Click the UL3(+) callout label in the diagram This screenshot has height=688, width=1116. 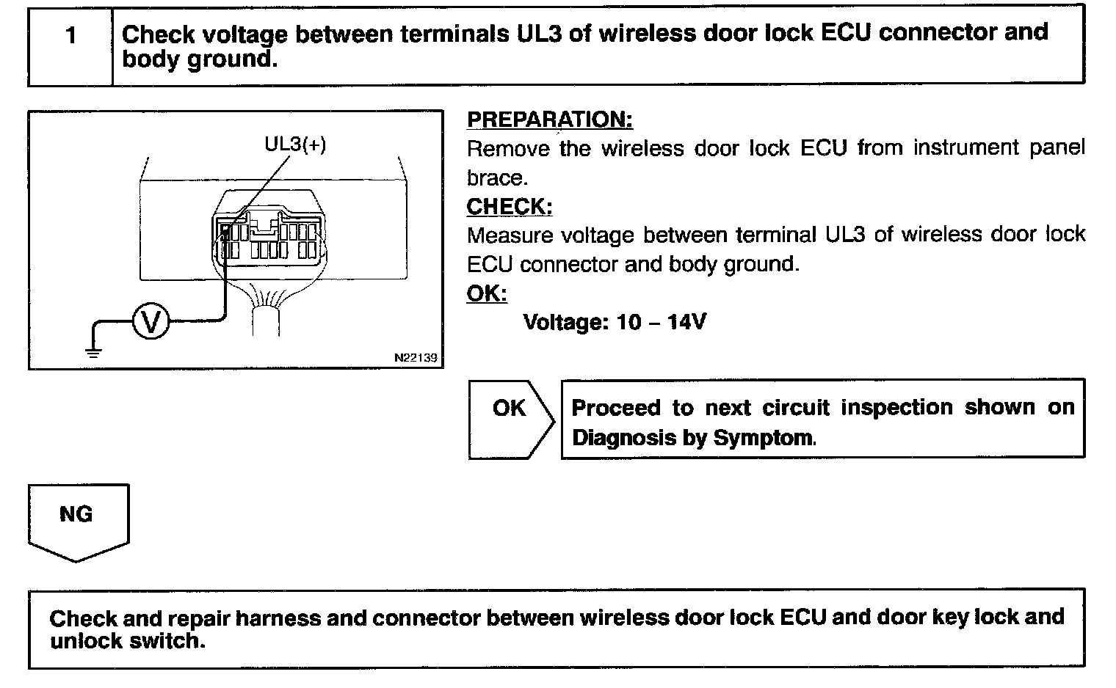point(295,144)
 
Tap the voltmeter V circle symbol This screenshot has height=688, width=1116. point(151,322)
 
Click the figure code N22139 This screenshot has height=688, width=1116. point(415,358)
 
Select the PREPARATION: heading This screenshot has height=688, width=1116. point(549,120)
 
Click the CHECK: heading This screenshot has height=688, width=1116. point(510,207)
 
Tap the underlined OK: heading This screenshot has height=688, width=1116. point(487,293)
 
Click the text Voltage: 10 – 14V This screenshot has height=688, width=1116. point(615,322)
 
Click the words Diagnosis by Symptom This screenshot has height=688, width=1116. point(693,439)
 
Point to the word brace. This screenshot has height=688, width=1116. point(496,178)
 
